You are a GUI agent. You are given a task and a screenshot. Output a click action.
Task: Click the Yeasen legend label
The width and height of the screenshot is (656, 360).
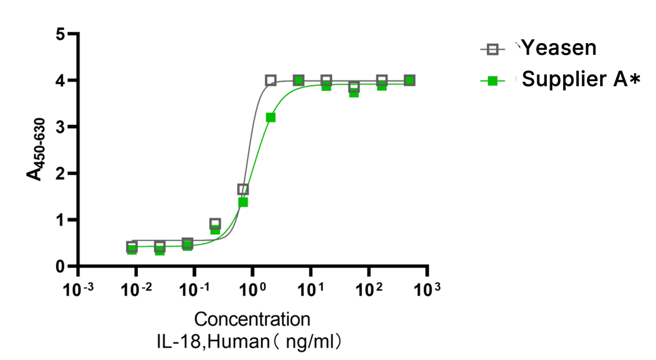(559, 48)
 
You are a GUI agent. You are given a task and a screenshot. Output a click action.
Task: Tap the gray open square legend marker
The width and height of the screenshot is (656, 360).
(492, 49)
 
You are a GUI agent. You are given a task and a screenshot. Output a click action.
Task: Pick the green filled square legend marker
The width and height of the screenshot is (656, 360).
(492, 81)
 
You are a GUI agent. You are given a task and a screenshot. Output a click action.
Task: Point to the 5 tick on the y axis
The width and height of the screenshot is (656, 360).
(62, 34)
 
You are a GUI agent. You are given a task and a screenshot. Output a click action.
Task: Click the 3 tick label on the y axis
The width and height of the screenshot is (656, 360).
(62, 127)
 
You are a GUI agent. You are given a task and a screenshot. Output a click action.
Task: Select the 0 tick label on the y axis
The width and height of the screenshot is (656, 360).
(62, 267)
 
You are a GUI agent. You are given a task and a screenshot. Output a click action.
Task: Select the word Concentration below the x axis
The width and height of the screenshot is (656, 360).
(252, 320)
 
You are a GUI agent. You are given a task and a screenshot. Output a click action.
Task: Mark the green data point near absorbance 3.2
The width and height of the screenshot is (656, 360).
(271, 118)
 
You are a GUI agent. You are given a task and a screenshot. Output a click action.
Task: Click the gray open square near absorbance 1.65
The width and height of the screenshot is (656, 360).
(243, 189)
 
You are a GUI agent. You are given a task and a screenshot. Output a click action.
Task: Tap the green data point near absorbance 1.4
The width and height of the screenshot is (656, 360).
(243, 202)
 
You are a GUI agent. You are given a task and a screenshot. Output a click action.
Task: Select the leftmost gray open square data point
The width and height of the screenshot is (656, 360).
(132, 246)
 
